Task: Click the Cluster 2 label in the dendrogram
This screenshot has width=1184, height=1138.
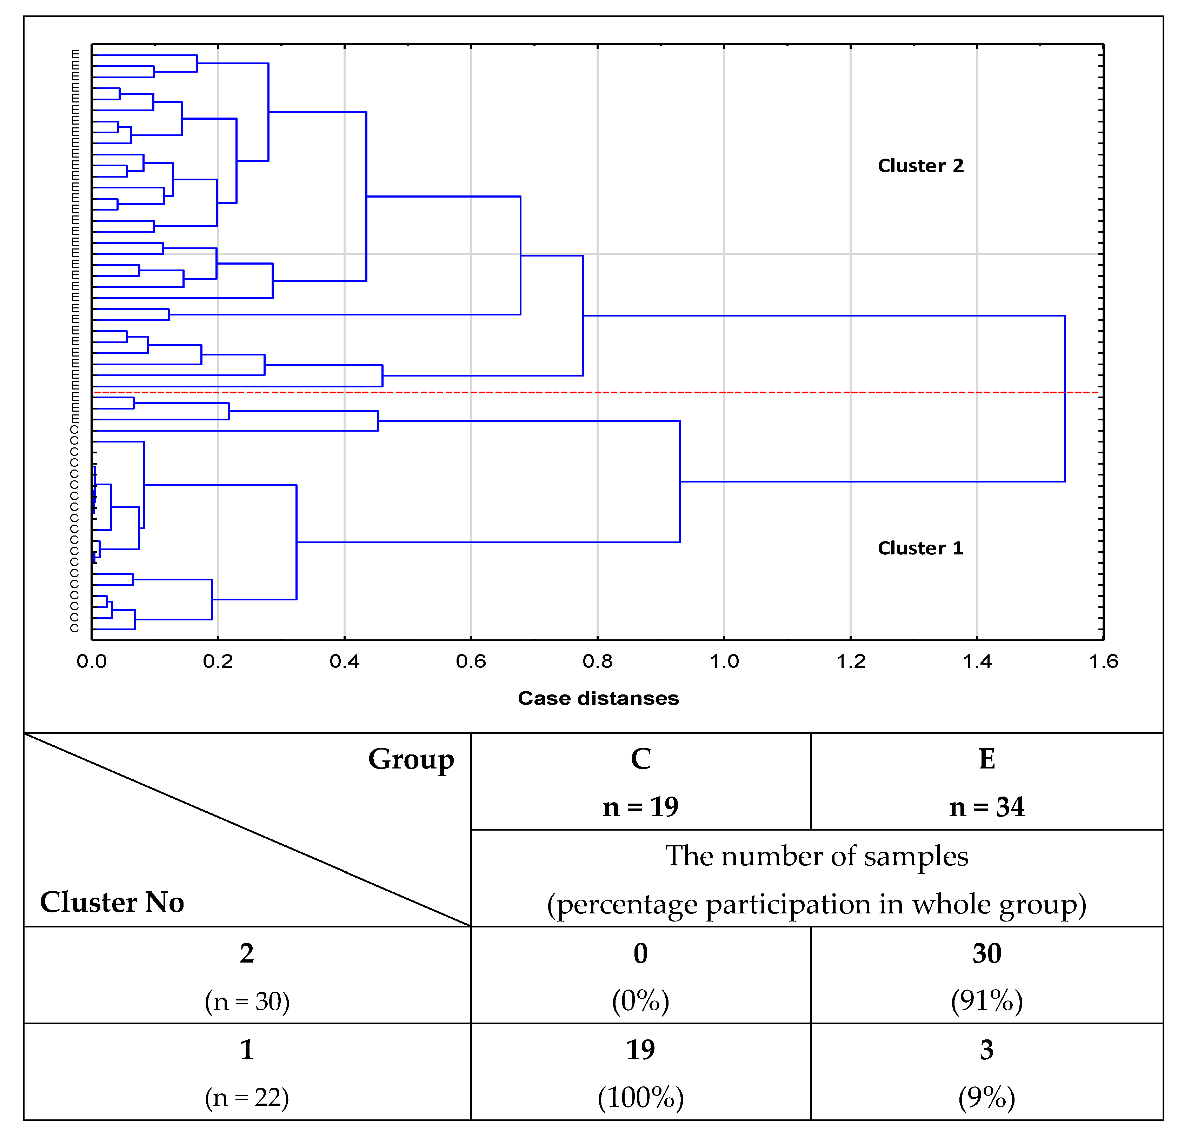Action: tap(920, 166)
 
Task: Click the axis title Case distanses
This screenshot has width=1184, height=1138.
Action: tap(598, 698)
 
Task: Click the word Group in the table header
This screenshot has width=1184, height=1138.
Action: tap(411, 759)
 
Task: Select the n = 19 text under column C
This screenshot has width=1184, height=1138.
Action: tap(640, 807)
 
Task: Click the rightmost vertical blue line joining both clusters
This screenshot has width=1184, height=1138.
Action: tap(1065, 399)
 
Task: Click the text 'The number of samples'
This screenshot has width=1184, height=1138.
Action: tap(817, 857)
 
